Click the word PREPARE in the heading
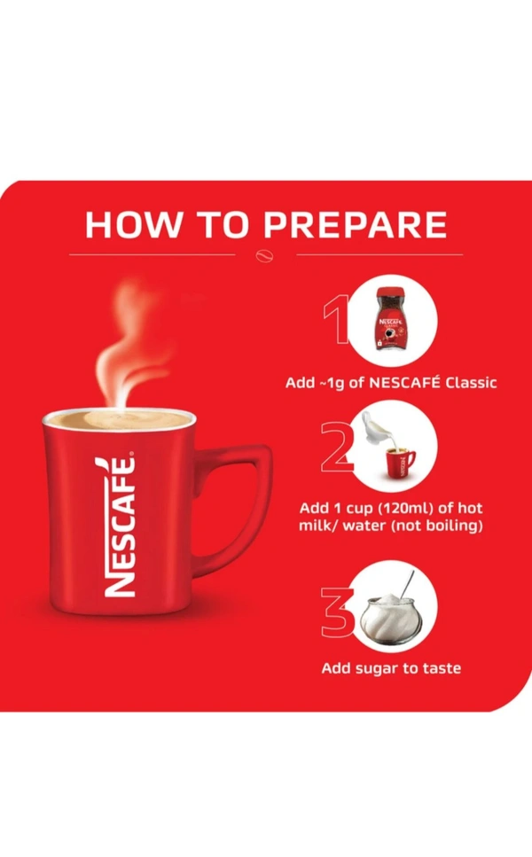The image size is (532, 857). tap(355, 224)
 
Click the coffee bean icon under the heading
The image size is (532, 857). tap(265, 256)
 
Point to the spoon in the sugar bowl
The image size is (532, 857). tap(407, 585)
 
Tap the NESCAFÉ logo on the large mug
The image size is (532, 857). tap(118, 526)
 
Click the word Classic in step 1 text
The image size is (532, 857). tap(471, 382)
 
